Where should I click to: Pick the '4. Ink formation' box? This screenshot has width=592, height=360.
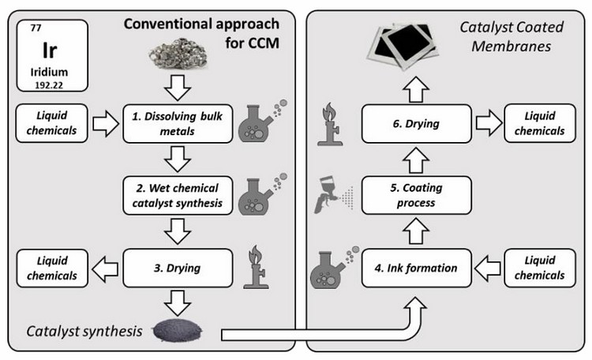415,267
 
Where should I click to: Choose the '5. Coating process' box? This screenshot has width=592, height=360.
415,196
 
